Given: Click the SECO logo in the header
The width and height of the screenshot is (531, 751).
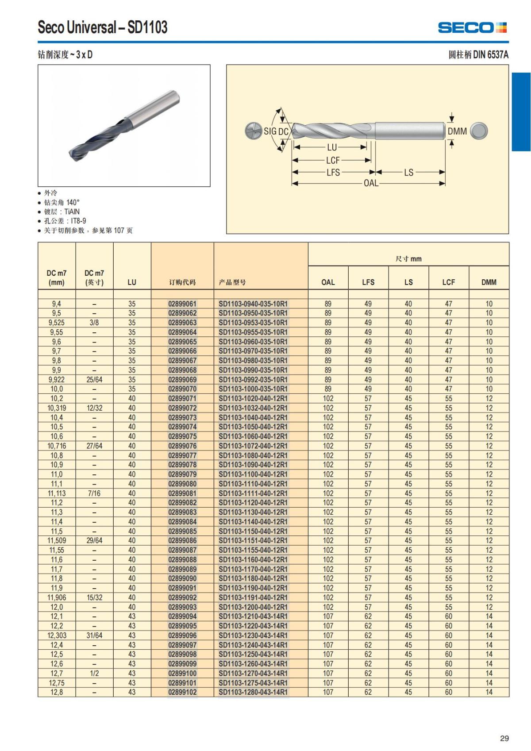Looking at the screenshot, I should [472, 27].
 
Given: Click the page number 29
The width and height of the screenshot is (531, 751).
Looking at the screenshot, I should [504, 738].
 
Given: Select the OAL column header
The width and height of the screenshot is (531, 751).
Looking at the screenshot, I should [328, 282].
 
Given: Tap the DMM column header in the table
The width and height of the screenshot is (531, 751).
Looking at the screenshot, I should [489, 282].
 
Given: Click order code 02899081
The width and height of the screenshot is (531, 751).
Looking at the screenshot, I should [182, 493].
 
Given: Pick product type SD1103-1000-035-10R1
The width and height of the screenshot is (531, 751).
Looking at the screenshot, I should [253, 389].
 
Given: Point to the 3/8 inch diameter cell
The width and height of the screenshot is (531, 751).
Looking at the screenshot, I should [94, 323].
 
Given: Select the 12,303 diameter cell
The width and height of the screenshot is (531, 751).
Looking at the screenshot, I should [57, 635].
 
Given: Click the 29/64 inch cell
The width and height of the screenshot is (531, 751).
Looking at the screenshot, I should [94, 540].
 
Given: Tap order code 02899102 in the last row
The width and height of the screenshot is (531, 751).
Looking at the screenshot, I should [182, 692].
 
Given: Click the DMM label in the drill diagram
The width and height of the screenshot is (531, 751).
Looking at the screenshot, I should [457, 131].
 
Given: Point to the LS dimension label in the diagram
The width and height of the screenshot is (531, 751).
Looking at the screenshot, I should [408, 172].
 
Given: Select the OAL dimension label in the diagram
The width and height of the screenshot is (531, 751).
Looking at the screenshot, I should [371, 183].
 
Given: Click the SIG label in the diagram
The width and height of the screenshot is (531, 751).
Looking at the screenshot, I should [270, 131].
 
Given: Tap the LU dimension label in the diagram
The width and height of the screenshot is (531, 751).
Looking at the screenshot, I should [332, 147].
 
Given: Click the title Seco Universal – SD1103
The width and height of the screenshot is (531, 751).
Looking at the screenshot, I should [103, 27].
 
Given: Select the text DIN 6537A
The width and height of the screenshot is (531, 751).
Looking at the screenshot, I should [491, 55].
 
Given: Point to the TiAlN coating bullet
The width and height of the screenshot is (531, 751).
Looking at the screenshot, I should [62, 212].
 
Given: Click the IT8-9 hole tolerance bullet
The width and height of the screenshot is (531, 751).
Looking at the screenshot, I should [65, 221].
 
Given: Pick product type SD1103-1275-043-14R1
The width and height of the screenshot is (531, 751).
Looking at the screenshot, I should [253, 683].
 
